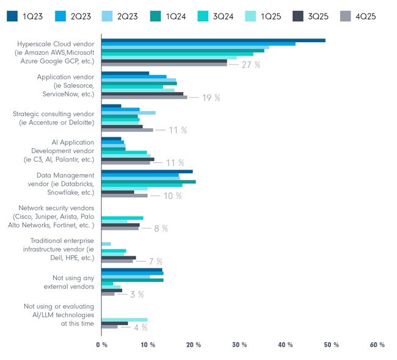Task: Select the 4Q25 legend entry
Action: pos(367,14)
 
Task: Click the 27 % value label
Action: pos(250,65)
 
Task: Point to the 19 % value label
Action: pos(211,97)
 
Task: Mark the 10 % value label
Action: pos(173,196)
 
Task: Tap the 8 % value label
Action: pos(161,228)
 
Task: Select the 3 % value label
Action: pos(137,294)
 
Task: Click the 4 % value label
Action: pos(140,327)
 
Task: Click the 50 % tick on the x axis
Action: pos(330,345)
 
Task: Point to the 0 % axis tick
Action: pos(101,345)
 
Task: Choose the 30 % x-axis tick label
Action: pos(239,345)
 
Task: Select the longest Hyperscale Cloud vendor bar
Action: pos(213,40)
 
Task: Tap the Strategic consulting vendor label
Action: pos(54,118)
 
